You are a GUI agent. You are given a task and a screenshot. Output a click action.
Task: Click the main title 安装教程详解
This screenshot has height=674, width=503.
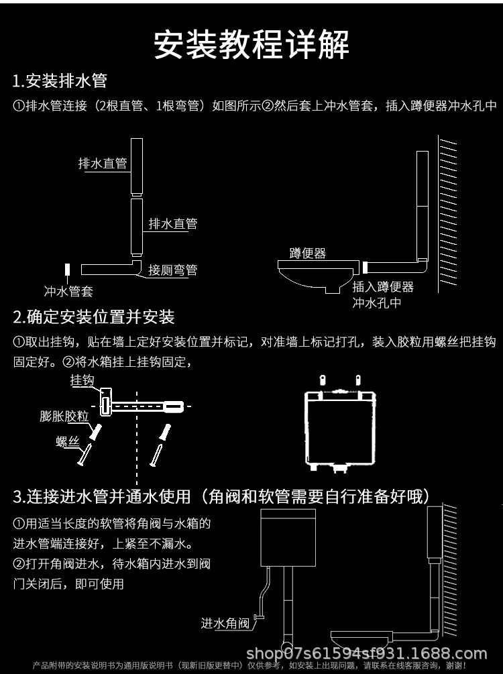pyautogui.click(x=251, y=45)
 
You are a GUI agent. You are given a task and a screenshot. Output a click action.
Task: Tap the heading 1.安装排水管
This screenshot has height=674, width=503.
pyautogui.click(x=60, y=82)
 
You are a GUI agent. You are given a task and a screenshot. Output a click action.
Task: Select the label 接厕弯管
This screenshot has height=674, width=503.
pyautogui.click(x=173, y=270)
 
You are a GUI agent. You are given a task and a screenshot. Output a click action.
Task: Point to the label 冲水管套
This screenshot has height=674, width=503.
pyautogui.click(x=68, y=291)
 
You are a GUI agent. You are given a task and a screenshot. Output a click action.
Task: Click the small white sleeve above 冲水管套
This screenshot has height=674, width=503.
pyautogui.click(x=68, y=270)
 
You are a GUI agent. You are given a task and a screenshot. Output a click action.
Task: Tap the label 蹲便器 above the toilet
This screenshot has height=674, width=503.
pyautogui.click(x=308, y=253)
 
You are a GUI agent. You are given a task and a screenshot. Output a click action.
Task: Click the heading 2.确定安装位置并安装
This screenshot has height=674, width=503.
pyautogui.click(x=94, y=317)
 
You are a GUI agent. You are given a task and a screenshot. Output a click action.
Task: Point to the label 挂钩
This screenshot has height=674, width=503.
pyautogui.click(x=82, y=380)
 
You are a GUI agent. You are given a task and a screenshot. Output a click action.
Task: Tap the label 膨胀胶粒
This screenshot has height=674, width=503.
pyautogui.click(x=64, y=416)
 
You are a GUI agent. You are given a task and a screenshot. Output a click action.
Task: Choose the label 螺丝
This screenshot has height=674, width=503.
pyautogui.click(x=67, y=441)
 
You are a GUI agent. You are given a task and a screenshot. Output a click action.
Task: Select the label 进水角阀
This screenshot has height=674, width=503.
pyautogui.click(x=225, y=623)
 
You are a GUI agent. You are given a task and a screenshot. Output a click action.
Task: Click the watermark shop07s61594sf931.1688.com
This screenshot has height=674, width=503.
pyautogui.click(x=366, y=653)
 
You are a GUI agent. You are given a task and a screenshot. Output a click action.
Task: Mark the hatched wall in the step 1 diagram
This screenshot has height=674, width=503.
pyautogui.click(x=447, y=215)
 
